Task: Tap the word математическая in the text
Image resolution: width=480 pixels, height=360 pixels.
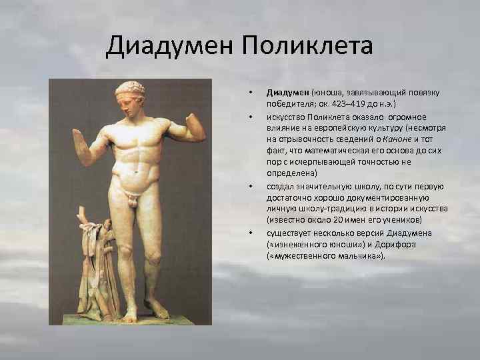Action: [319, 151]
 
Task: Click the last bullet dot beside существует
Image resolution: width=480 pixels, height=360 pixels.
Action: [249, 233]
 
